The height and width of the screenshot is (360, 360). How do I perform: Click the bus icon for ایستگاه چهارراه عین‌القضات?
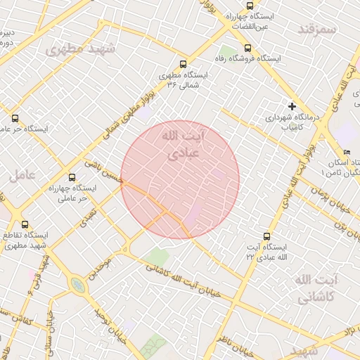[251, 6]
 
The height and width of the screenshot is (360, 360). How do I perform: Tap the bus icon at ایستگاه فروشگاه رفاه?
[248, 48]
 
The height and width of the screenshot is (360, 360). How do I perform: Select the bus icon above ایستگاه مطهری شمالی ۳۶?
[184, 63]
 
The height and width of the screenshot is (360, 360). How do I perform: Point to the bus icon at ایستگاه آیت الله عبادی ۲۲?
[266, 236]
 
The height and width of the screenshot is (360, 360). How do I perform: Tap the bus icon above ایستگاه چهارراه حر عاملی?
[72, 177]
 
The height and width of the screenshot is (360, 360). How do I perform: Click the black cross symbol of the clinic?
[292, 106]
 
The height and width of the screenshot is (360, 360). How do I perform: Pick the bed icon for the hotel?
[347, 153]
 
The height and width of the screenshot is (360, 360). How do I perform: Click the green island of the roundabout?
[76, 284]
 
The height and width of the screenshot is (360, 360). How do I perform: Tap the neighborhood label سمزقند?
[319, 28]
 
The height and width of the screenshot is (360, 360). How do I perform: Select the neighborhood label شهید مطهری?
[74, 49]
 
